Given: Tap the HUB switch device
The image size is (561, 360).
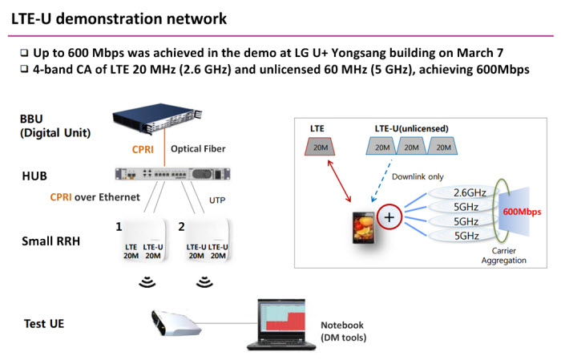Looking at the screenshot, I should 172,174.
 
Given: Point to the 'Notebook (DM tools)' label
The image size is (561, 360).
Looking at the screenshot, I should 342,330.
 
